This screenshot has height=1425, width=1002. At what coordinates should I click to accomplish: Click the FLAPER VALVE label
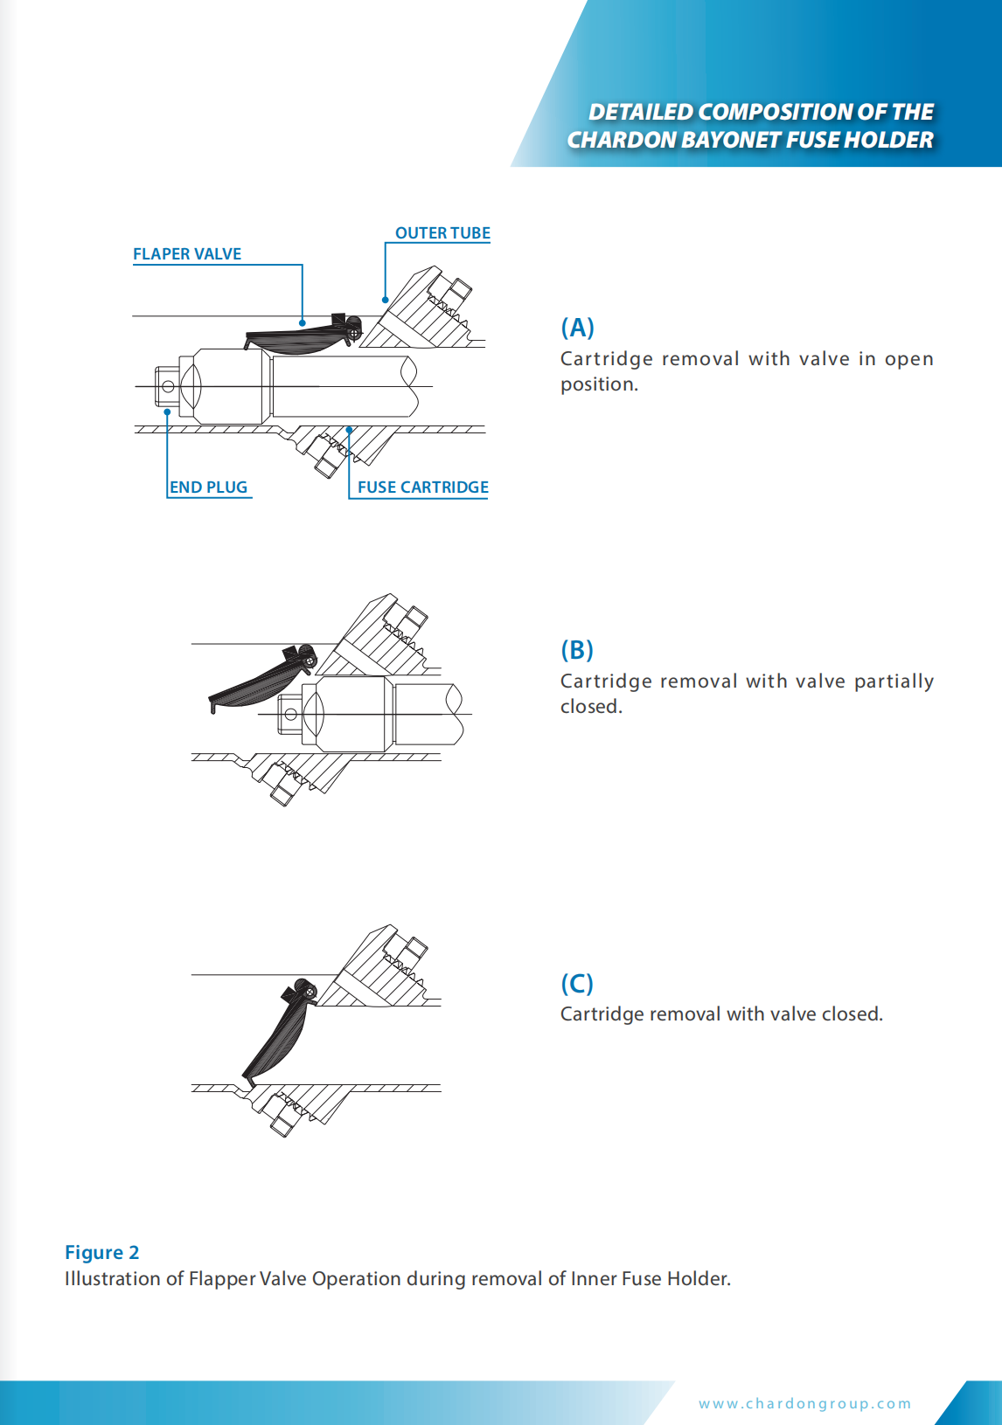click(187, 254)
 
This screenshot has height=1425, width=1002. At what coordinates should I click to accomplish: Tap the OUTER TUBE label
click(442, 233)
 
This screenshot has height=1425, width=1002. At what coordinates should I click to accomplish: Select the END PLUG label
click(208, 488)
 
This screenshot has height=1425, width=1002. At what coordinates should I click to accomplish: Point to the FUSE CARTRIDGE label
click(422, 488)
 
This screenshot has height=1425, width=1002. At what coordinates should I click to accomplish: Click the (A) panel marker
click(577, 328)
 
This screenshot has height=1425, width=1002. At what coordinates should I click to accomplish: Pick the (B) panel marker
click(577, 650)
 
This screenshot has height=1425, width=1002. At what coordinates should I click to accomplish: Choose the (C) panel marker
click(577, 984)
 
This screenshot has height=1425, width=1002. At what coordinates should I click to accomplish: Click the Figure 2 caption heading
click(101, 1253)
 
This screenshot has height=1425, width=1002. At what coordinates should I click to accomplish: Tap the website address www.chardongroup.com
click(804, 1403)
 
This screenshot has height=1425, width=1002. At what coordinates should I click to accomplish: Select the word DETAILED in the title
click(640, 112)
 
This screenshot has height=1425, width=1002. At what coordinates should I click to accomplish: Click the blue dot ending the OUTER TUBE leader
click(385, 300)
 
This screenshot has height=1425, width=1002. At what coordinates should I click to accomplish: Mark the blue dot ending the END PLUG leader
click(167, 412)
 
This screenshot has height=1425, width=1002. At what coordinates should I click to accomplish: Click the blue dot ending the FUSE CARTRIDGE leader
click(349, 430)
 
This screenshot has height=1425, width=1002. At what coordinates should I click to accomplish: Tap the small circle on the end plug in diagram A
click(168, 386)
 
